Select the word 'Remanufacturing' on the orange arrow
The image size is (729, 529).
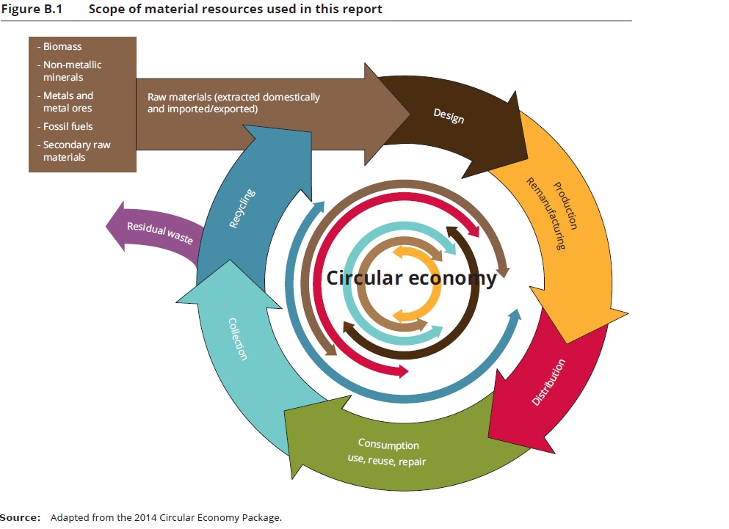pyautogui.click(x=545, y=213)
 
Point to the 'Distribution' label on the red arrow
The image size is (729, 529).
pyautogui.click(x=548, y=382)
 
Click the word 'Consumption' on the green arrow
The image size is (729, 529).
pyautogui.click(x=388, y=445)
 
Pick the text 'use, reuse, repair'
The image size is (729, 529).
pyautogui.click(x=386, y=461)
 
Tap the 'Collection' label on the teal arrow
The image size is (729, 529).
pyautogui.click(x=238, y=338)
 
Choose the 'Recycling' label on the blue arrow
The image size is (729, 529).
pyautogui.click(x=242, y=208)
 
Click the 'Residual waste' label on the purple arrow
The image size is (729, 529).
pyautogui.click(x=159, y=232)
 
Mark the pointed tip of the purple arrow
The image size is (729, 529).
pyautogui.click(x=107, y=222)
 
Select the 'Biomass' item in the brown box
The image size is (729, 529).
pyautogui.click(x=62, y=46)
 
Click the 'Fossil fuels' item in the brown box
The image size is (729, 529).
pyautogui.click(x=68, y=126)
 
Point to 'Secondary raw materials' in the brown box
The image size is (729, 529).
pyautogui.click(x=76, y=151)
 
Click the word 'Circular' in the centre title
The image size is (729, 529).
pyautogui.click(x=364, y=278)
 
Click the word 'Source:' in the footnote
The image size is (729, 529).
pyautogui.click(x=21, y=518)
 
